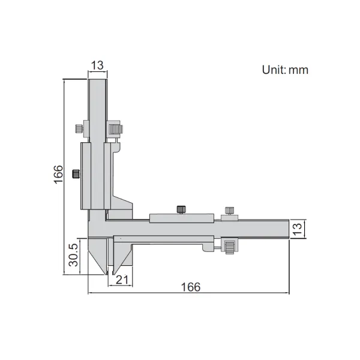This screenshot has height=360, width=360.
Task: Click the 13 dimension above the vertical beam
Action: click(98, 65)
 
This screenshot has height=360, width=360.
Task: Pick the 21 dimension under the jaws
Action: click(122, 279)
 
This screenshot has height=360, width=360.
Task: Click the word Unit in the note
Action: click(274, 70)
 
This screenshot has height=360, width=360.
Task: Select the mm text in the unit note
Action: click(298, 70)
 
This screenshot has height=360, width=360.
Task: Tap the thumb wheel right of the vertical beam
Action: click(115, 129)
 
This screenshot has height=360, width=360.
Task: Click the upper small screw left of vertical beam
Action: click(79, 128)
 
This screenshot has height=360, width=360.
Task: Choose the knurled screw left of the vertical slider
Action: click(75, 174)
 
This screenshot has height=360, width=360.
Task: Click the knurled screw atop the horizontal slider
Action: click(180, 209)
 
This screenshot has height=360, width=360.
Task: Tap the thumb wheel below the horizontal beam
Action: click(230, 245)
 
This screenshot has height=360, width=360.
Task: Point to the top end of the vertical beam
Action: click(98, 81)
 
